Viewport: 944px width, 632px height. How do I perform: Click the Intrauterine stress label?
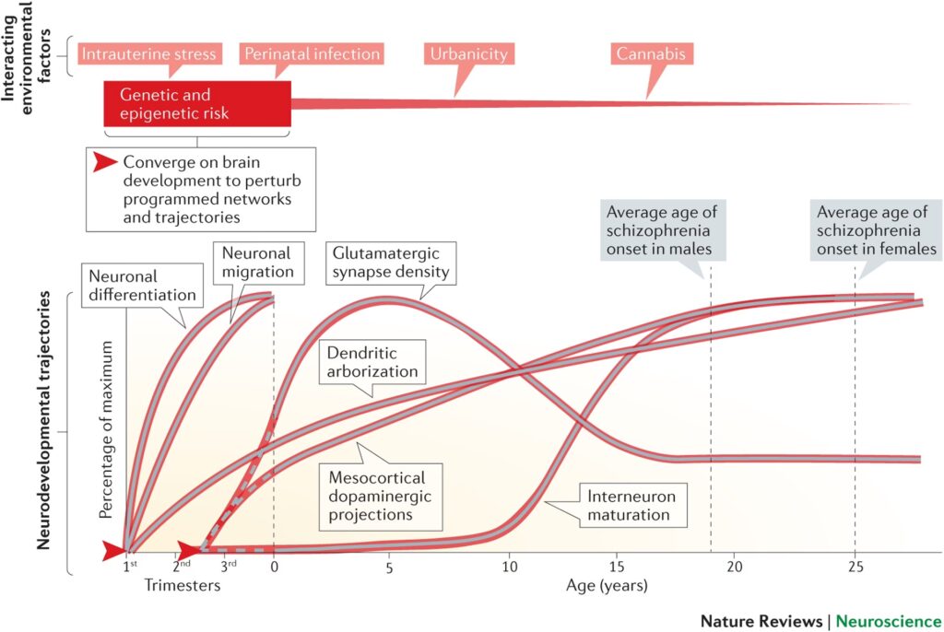point(149,53)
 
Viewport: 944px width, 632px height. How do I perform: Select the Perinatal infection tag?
point(312,53)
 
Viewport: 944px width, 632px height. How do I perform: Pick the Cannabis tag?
point(650,53)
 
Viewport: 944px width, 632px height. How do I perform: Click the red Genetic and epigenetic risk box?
point(197,104)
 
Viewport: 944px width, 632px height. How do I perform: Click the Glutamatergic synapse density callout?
point(388,263)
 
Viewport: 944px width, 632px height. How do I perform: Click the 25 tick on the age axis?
point(854,566)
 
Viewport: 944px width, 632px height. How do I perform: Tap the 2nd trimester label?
point(182,565)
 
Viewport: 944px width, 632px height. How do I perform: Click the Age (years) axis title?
point(607,585)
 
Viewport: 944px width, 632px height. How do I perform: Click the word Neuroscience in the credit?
point(889,621)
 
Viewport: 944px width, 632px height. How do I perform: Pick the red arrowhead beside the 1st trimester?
point(114,551)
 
